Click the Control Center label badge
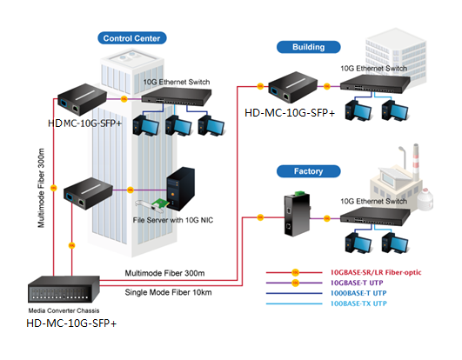(x=132, y=38)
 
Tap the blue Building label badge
(x=309, y=47)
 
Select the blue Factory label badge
(x=309, y=171)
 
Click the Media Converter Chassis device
(x=64, y=290)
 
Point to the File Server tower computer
(x=181, y=189)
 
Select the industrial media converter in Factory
(x=297, y=214)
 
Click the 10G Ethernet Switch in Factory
(x=375, y=217)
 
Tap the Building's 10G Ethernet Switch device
(x=375, y=83)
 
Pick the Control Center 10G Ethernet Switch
(x=177, y=97)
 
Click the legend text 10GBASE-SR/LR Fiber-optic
(x=376, y=272)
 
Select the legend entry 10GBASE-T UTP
(x=357, y=283)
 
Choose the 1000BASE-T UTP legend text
(x=358, y=293)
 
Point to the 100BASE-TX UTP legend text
(x=358, y=303)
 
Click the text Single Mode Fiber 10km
(x=168, y=292)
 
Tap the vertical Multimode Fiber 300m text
(x=41, y=188)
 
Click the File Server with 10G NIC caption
(x=173, y=220)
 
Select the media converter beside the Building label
(x=293, y=87)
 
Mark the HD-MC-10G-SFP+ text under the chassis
(x=71, y=323)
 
